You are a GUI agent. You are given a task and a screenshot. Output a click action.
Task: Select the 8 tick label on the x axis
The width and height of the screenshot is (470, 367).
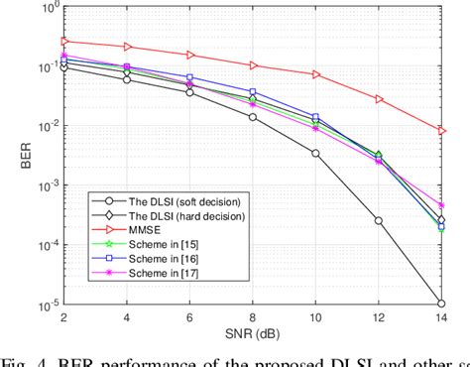click(253, 315)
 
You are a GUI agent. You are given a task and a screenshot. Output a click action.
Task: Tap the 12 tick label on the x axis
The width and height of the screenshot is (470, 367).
click(379, 315)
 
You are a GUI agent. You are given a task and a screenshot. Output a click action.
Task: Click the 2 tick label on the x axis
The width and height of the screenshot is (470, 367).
click(63, 315)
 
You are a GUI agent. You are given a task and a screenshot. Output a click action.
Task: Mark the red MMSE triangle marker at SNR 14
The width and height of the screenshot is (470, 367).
click(442, 131)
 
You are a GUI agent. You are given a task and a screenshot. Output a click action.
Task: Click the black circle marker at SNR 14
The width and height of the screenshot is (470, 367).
click(442, 304)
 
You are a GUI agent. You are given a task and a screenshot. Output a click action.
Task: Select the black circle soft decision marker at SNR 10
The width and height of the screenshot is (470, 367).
click(315, 154)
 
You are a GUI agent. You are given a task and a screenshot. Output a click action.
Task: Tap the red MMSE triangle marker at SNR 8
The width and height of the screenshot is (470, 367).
click(253, 65)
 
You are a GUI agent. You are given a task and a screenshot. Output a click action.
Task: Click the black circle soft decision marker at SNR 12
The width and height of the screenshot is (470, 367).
click(379, 220)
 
